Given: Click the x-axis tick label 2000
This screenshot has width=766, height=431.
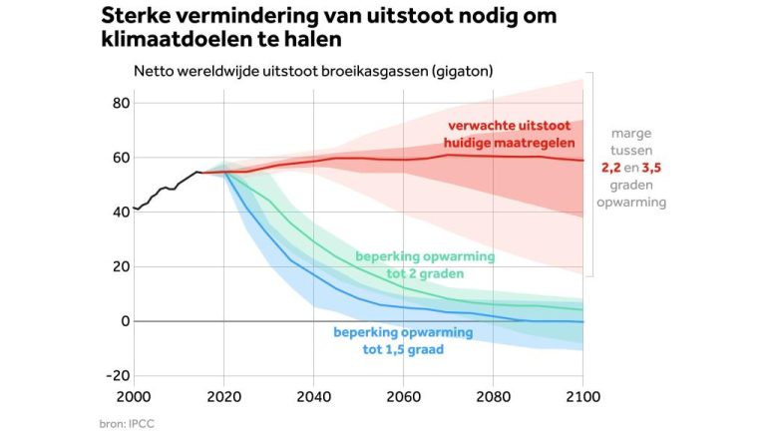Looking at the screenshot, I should (x=134, y=396).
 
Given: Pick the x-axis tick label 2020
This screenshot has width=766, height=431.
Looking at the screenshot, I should (x=223, y=396).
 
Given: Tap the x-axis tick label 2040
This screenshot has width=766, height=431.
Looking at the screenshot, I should (x=313, y=396).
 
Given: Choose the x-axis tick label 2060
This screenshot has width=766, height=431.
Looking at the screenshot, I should (x=403, y=396).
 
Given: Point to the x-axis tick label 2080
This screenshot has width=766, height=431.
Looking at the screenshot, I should (x=493, y=396).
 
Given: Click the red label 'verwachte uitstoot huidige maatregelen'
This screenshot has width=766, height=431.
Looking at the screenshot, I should (x=508, y=134).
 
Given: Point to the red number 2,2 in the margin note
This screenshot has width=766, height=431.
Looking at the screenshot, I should (x=612, y=168).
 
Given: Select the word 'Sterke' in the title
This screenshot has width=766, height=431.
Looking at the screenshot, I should (x=138, y=18).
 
